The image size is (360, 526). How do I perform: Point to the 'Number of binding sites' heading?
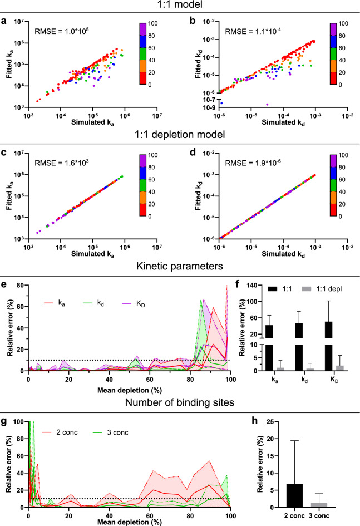[179, 399]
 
